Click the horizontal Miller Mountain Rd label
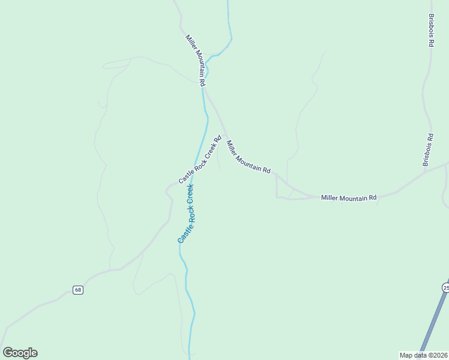[x=349, y=197]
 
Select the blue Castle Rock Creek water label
[x=186, y=214]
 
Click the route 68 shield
[x=78, y=290]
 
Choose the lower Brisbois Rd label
[x=427, y=150]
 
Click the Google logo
[x=20, y=353]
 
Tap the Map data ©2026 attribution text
[x=423, y=355]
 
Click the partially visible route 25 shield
[x=446, y=288]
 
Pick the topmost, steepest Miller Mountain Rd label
[x=196, y=61]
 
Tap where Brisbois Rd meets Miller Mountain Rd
[x=426, y=172]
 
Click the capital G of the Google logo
[x=8, y=353]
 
